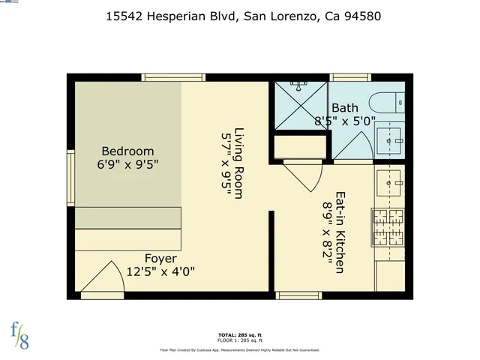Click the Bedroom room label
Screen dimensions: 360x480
point(127,151)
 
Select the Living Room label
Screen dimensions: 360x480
point(239,163)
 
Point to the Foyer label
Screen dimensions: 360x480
point(160,259)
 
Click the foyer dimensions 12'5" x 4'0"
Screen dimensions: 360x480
point(160,271)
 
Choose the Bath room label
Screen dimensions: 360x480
point(345,108)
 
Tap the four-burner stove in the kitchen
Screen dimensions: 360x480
point(388,227)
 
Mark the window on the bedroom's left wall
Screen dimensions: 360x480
point(70,177)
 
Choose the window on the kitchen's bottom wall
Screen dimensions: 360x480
point(298,295)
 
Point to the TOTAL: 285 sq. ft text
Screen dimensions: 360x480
point(239,334)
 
